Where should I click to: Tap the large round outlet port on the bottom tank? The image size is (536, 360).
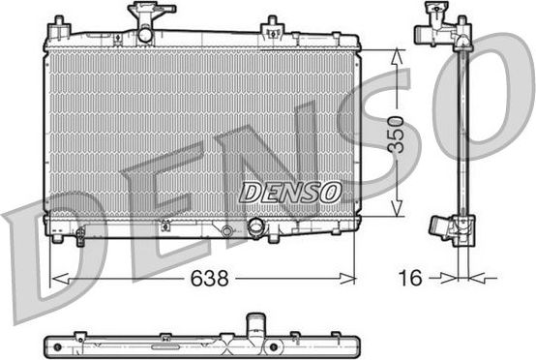coord(256,227)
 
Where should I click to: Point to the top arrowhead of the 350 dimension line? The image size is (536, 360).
coord(397,53)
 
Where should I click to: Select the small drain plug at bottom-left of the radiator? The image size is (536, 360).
coord(58,236)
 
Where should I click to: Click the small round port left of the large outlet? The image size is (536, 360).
coord(226,230)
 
